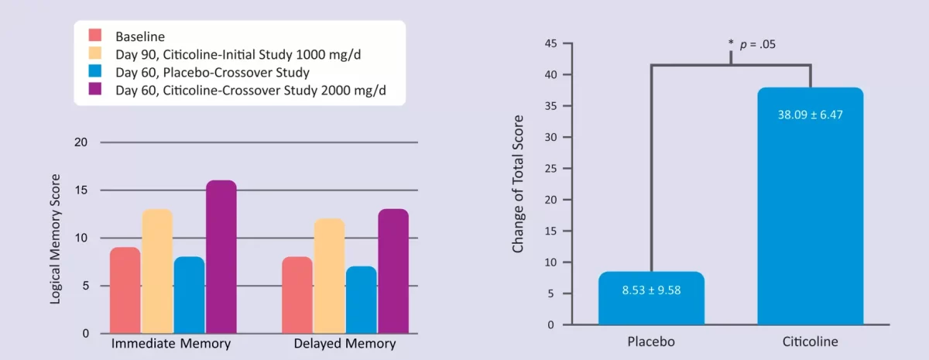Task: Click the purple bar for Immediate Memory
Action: (x=221, y=257)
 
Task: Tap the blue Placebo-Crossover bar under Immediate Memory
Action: (x=189, y=295)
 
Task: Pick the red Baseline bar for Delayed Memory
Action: (x=297, y=295)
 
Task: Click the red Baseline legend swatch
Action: (x=96, y=36)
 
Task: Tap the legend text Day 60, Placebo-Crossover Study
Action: (x=212, y=74)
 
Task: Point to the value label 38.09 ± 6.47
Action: (x=810, y=115)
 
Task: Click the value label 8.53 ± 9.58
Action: (x=651, y=290)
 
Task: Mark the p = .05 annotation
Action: (x=757, y=44)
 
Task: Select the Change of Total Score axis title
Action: (x=518, y=184)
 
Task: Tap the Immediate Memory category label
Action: (x=171, y=344)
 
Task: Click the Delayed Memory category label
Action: (x=345, y=344)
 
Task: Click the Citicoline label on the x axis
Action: (x=810, y=341)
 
